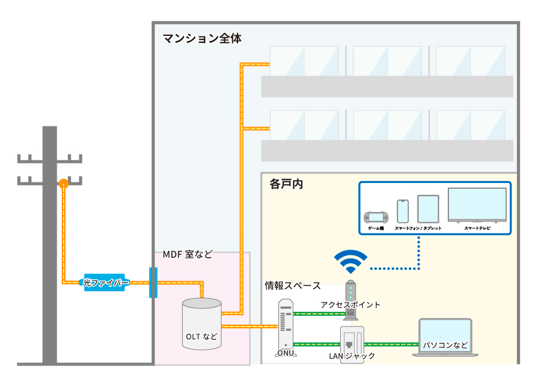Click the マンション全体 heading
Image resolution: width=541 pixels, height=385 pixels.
tap(202, 39)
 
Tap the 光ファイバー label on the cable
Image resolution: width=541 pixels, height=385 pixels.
tap(106, 284)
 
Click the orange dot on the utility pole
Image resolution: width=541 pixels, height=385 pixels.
tap(64, 184)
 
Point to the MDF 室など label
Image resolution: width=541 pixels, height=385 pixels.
tap(188, 255)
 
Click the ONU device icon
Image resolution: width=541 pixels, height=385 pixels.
tap(285, 325)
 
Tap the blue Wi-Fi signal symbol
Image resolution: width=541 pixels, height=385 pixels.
tap(350, 260)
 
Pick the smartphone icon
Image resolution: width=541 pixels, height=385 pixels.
tap(403, 211)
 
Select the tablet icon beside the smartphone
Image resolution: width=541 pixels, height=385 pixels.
tap(428, 209)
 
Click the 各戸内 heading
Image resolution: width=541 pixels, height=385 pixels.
tap(287, 185)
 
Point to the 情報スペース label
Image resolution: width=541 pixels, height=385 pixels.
tap(292, 286)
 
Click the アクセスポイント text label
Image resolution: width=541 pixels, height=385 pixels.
tap(350, 305)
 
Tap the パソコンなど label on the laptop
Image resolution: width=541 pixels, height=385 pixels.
tap(445, 345)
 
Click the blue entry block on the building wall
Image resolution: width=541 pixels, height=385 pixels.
tap(152, 282)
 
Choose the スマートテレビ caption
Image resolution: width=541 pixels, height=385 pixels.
tap(477, 228)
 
